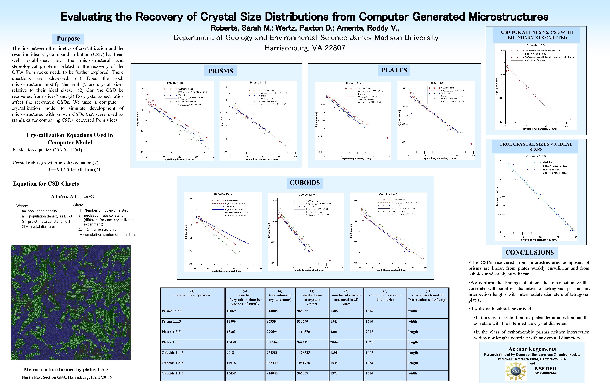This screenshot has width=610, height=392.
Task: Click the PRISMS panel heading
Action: [x=220, y=71]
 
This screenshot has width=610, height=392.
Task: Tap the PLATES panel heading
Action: [x=394, y=70]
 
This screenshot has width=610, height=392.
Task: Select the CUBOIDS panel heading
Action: [x=305, y=183]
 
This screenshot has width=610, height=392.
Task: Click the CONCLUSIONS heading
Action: [x=530, y=253]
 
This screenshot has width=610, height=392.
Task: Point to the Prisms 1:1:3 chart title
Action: [x=175, y=83]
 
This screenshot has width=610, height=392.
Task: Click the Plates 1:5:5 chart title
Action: [x=436, y=83]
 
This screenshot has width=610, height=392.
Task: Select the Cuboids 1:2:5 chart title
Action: [x=223, y=194]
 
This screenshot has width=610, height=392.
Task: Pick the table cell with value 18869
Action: [x=231, y=311]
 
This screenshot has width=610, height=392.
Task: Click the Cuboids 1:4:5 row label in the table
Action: [x=172, y=353]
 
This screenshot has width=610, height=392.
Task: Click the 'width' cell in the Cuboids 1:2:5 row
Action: [x=413, y=373]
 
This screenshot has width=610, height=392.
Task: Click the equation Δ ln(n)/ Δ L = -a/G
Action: [x=73, y=196]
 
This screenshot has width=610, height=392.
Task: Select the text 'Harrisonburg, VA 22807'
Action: [x=305, y=48]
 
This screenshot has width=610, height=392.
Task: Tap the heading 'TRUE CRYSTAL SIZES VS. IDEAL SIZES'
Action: [x=536, y=147]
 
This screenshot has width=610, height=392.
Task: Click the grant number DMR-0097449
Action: [x=545, y=373]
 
